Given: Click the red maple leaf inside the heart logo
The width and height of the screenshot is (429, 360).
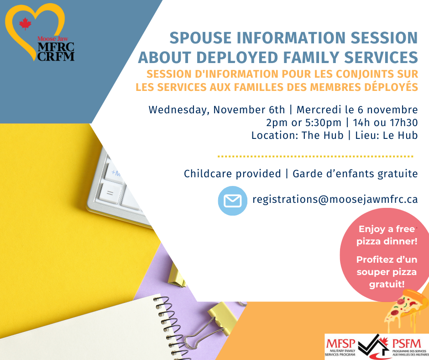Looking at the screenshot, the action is pyautogui.click(x=25, y=24).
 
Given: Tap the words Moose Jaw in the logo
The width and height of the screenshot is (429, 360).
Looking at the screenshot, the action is pyautogui.click(x=53, y=39).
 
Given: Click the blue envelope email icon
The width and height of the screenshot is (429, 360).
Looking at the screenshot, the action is pyautogui.click(x=233, y=201).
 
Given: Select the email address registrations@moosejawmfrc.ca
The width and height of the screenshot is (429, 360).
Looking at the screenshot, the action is pyautogui.click(x=335, y=199).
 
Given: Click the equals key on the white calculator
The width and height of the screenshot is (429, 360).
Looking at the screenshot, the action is pyautogui.click(x=110, y=193).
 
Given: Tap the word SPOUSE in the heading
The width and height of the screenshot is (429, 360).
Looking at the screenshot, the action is pyautogui.click(x=200, y=38).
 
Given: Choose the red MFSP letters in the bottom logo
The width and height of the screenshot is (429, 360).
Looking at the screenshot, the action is pyautogui.click(x=340, y=344).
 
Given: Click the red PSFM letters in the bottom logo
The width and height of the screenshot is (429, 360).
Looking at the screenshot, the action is pyautogui.click(x=407, y=344).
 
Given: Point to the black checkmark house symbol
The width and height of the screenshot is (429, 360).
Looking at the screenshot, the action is pyautogui.click(x=373, y=346).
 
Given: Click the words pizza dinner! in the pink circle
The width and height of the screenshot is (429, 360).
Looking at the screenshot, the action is pyautogui.click(x=387, y=241).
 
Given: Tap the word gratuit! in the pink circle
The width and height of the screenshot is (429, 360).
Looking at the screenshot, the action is pyautogui.click(x=387, y=284).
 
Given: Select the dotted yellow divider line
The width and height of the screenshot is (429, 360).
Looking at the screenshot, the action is pyautogui.click(x=315, y=156).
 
